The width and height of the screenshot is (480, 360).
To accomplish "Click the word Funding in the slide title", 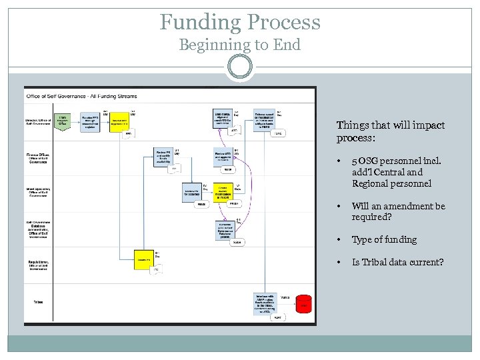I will coord(201,22).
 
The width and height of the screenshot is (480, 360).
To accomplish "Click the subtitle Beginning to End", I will coord(239,45).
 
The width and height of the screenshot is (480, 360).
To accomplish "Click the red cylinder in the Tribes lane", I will coord(305,305).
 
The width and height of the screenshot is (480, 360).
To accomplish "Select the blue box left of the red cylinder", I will coord(267,303).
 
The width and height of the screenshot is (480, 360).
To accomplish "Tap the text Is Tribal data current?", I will coord(397,262).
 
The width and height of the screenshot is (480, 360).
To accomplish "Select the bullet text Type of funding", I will coord(384,239).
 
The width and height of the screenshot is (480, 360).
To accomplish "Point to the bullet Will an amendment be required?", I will coord(398,211).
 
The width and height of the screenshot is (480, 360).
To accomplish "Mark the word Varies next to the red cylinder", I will coord(285,297).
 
